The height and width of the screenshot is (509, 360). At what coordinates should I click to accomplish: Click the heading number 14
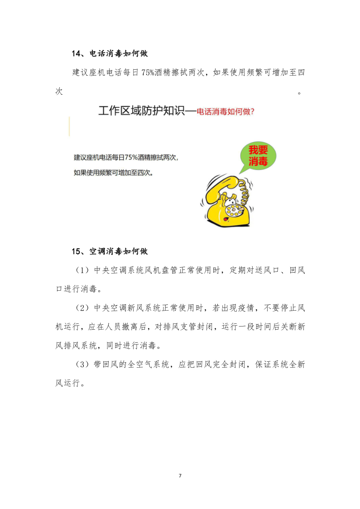pos(76,54)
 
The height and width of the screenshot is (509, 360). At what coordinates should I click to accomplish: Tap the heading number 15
pos(76,251)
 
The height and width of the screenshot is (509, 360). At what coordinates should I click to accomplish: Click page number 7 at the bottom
pos(180,475)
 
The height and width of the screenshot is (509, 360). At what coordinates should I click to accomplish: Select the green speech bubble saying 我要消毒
pos(258,156)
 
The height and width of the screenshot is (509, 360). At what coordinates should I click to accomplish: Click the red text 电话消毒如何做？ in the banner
pos(225,111)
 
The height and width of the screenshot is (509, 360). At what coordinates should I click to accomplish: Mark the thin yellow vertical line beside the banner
pos(69,126)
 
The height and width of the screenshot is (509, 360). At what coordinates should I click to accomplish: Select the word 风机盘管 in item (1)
pos(169,270)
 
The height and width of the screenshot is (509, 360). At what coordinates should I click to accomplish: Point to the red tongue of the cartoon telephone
pos(226,219)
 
